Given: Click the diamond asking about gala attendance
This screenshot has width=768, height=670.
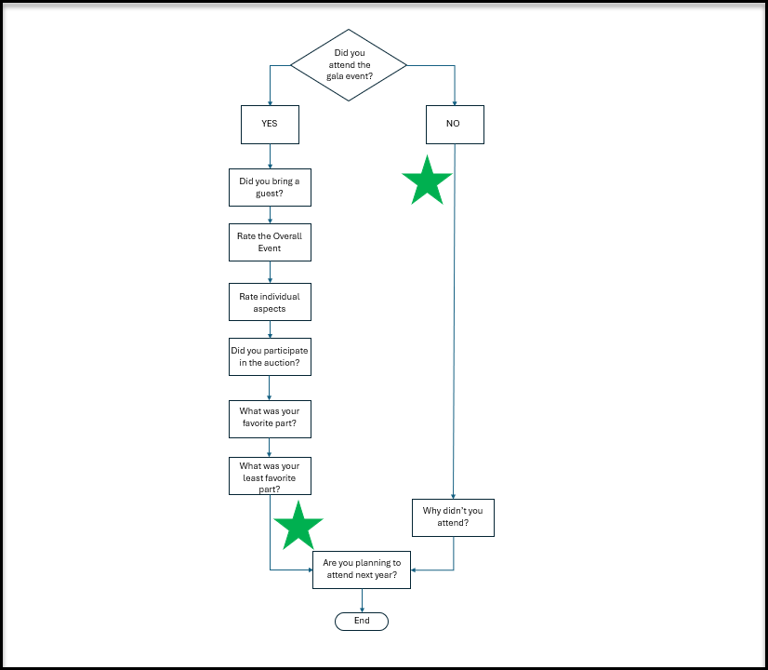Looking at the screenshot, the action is coord(349,65).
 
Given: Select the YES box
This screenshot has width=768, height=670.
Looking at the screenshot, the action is coord(270,125).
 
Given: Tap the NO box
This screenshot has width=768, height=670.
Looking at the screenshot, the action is coord(455,125).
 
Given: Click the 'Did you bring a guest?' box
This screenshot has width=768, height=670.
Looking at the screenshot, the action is coord(270,188).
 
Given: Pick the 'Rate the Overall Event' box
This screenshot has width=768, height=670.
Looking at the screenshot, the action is coord(270,243).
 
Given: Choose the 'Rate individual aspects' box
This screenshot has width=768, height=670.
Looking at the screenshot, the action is coord(270,301).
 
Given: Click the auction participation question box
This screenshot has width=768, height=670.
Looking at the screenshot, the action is coord(270,356).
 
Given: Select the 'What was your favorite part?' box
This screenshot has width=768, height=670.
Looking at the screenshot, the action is coord(270,419).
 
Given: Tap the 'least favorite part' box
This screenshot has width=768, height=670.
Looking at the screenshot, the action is coord(270,476).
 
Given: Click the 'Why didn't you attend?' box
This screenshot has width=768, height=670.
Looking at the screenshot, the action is coord(453,517).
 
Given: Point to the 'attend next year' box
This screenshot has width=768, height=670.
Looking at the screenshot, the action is coord(362,570).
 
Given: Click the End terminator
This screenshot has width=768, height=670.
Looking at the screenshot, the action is coord(362,622).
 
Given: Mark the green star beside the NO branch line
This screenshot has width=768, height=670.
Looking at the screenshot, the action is coord(427,181).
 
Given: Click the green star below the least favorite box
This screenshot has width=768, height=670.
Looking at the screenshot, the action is coord(298,526).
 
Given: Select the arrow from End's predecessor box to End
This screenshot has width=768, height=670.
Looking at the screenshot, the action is coord(362,600).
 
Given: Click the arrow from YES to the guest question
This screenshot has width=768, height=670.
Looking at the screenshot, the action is coord(270,156).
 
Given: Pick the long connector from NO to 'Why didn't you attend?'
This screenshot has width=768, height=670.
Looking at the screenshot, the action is coord(454,322).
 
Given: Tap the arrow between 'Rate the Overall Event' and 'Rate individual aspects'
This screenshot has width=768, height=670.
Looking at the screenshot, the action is coord(270,272).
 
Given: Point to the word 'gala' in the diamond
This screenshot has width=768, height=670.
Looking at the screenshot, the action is coord(334,76).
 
